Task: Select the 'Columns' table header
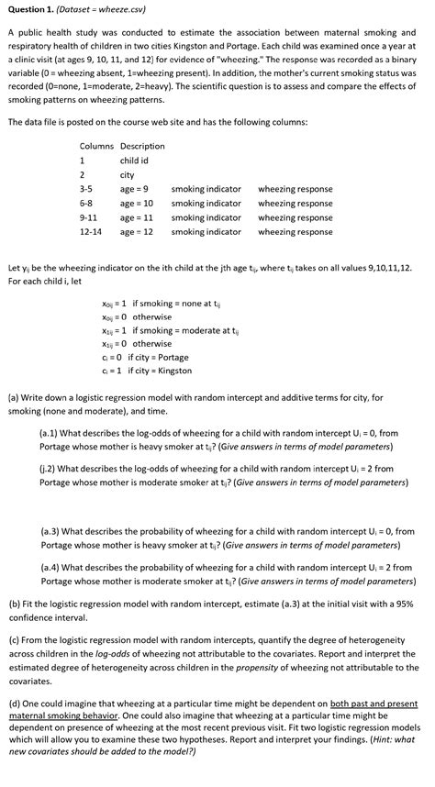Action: (96, 146)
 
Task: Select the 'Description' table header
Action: (142, 146)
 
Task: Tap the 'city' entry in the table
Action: (128, 175)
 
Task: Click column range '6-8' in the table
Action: (86, 204)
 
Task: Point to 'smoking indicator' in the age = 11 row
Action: (206, 218)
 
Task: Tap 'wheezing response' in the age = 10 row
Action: (295, 204)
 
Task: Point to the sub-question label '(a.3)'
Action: (51, 531)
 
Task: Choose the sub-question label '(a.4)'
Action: (51, 568)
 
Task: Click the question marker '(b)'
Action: (14, 605)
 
